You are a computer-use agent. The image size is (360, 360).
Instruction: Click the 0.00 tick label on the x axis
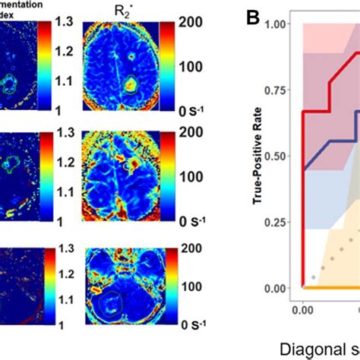302,309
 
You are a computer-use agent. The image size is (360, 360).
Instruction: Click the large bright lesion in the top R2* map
130,81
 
